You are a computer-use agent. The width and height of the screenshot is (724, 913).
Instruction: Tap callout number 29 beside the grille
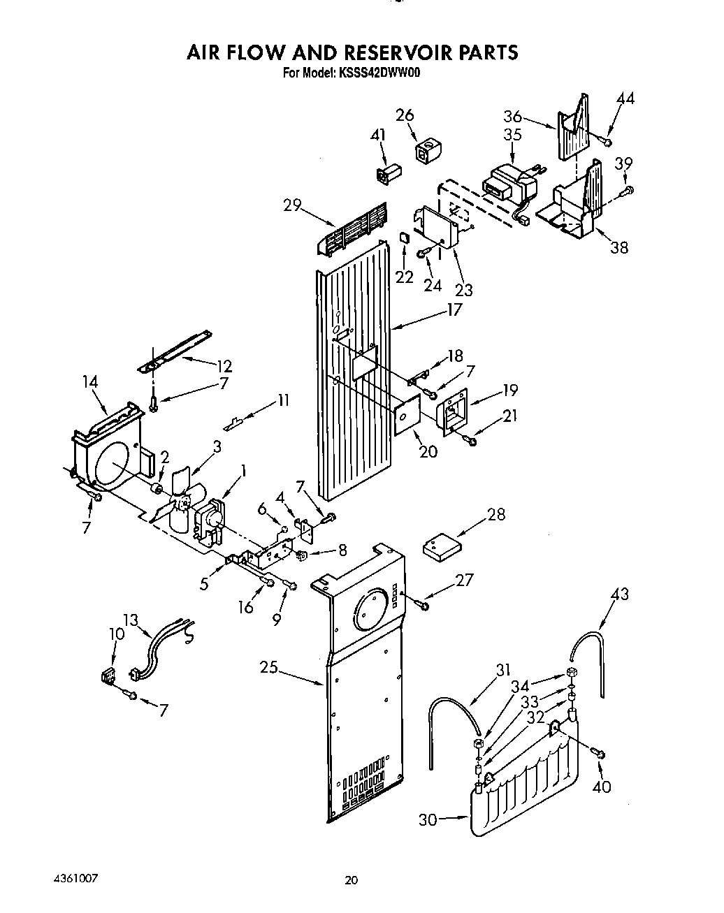[x=292, y=205]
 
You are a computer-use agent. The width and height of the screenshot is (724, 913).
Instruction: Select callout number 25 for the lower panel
[x=268, y=669]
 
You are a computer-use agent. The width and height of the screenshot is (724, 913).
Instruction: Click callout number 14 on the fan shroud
[x=89, y=382]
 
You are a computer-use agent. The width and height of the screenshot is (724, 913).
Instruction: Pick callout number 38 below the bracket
[x=619, y=247]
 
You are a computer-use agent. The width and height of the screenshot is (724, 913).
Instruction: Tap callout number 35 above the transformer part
[x=512, y=134]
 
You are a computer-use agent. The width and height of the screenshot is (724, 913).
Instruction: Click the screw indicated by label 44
[x=607, y=142]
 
